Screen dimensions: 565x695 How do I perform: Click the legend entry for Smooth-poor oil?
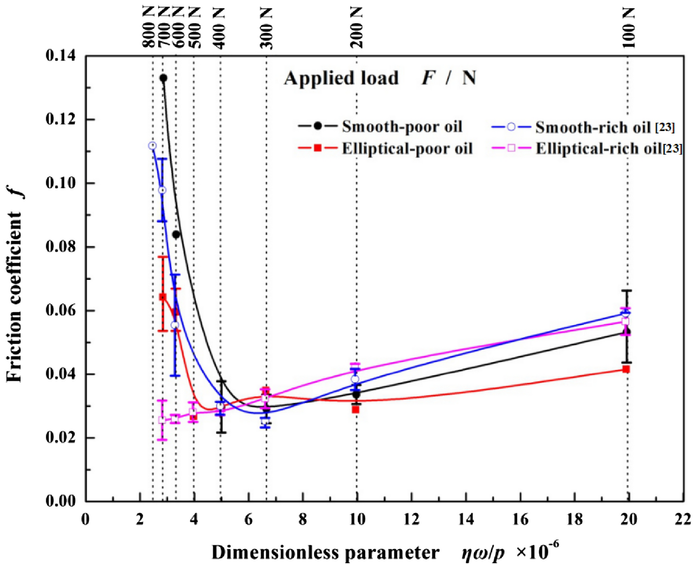380,127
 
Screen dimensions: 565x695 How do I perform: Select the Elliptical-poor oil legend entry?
385,148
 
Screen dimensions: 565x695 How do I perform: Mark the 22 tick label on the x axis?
683,519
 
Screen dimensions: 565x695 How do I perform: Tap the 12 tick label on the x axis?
411,519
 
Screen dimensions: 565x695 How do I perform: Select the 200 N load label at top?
357,28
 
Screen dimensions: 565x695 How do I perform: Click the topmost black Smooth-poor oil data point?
163,78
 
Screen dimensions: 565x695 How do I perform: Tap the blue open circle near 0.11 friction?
152,146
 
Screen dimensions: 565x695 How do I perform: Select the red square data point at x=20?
626,369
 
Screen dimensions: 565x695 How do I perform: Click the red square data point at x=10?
356,409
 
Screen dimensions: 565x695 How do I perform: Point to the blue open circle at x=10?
355,379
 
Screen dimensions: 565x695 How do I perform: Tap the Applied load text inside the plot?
341,79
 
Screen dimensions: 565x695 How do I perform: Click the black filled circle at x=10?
356,394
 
